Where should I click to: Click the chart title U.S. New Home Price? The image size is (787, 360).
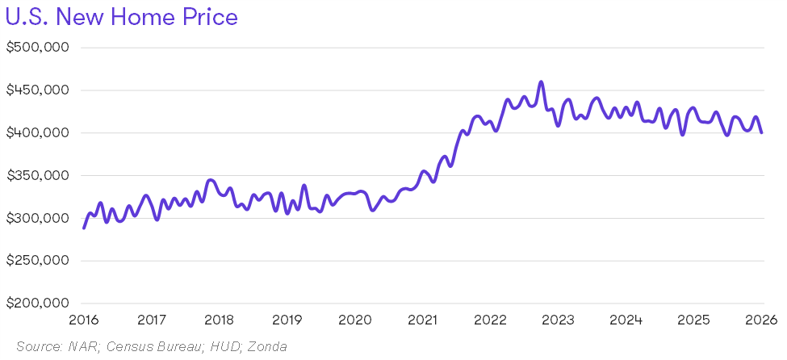click(122, 17)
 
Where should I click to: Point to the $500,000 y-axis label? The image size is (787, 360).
click(37, 47)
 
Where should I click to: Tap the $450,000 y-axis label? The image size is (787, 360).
click(37, 90)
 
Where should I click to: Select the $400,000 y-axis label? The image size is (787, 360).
click(37, 132)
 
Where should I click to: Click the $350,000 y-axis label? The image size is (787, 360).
click(37, 175)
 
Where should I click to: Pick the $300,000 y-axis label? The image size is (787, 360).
click(37, 218)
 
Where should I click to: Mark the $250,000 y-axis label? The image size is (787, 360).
click(37, 261)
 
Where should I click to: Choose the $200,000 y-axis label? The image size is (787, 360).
click(37, 303)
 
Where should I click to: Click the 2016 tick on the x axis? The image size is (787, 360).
click(84, 320)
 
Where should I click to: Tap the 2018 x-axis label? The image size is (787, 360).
click(219, 320)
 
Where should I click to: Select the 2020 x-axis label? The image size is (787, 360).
click(354, 320)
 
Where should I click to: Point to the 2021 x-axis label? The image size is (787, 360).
click(422, 320)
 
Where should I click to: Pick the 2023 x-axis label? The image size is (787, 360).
click(558, 320)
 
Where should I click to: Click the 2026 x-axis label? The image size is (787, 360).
click(760, 320)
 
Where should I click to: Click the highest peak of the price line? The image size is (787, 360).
click(541, 82)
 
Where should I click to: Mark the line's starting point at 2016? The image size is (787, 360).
click(84, 228)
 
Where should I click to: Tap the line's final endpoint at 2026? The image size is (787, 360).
click(761, 132)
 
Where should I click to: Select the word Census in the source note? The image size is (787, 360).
click(132, 347)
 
